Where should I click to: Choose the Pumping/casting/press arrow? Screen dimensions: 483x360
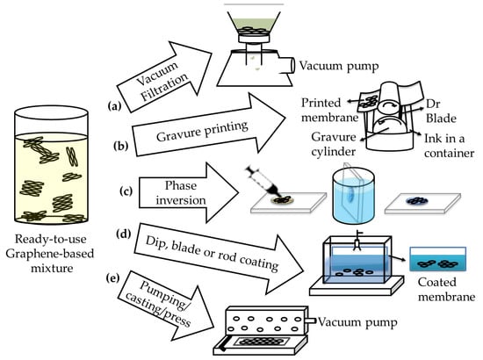[x=166, y=308]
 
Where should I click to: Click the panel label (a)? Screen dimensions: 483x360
[x=114, y=106]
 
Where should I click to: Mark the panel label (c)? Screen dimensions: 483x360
[x=126, y=191]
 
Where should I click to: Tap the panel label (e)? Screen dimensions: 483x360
[x=112, y=278]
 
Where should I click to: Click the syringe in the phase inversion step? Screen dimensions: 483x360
[x=264, y=183]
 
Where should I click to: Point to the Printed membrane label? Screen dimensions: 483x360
[x=329, y=110]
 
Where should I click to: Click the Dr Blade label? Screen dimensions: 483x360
[x=441, y=112]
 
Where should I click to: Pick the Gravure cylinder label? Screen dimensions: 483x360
[x=334, y=144]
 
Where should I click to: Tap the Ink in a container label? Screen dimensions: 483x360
[x=449, y=146]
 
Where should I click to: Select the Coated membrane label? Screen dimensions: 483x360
[x=446, y=290]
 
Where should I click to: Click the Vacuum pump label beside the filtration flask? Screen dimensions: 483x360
[x=339, y=66]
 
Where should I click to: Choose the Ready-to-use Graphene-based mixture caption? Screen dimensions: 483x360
[x=50, y=254]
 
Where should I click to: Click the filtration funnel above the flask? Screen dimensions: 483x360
[x=254, y=27]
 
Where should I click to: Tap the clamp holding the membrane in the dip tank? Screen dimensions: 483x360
[x=357, y=241]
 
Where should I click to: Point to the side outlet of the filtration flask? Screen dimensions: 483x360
[x=286, y=66]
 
